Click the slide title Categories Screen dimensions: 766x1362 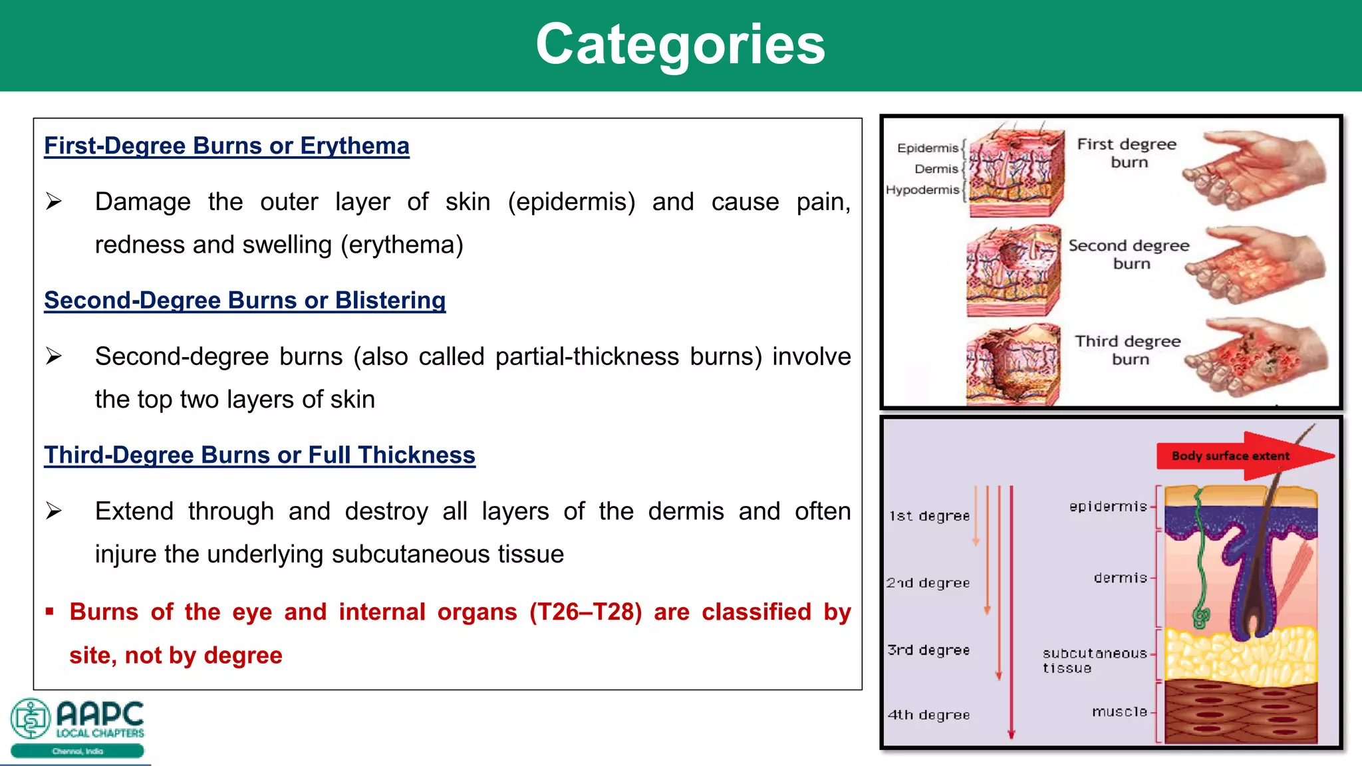pyautogui.click(x=680, y=45)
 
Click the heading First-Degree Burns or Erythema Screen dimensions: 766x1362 pyautogui.click(x=227, y=146)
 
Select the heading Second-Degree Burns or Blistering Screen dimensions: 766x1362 pyautogui.click(x=245, y=301)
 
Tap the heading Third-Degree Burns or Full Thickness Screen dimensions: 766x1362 pyautogui.click(x=259, y=455)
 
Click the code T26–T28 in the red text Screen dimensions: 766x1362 pyautogui.click(x=585, y=612)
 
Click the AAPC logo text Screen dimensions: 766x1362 pyautogui.click(x=100, y=715)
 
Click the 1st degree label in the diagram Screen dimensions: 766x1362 pyautogui.click(x=929, y=516)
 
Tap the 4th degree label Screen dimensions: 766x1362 pyautogui.click(x=928, y=715)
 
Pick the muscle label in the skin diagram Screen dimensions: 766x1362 pyautogui.click(x=1119, y=712)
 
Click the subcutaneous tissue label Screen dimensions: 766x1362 pyautogui.click(x=1093, y=660)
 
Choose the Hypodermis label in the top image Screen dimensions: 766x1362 pyautogui.click(x=922, y=190)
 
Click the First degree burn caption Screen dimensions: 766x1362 pyautogui.click(x=1127, y=153)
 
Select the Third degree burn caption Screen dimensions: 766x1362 pyautogui.click(x=1128, y=350)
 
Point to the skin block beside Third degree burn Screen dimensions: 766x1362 pyautogui.click(x=1012, y=364)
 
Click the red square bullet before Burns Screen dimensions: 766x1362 pyautogui.click(x=49, y=611)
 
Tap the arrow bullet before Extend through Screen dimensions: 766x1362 pyautogui.click(x=54, y=511)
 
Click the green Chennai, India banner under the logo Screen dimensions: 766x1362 pyautogui.click(x=77, y=751)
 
